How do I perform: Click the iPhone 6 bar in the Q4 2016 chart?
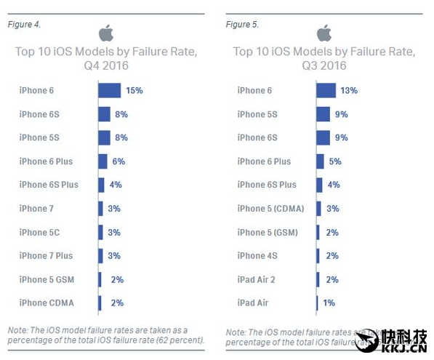coord(109,90)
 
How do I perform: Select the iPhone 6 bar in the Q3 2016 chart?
coord(326,90)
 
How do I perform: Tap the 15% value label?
coord(134,90)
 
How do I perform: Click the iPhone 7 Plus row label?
coord(46,255)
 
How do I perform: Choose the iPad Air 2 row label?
coord(257,279)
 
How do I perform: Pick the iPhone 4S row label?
coord(257,255)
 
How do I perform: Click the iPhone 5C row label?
coord(41,232)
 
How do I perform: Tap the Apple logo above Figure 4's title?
coord(106,33)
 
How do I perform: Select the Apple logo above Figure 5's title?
coord(324,33)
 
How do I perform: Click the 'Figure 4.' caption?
coord(24,24)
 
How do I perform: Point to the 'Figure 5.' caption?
coord(242,24)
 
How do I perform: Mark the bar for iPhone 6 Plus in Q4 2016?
coord(103,161)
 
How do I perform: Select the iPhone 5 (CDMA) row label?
coord(270,208)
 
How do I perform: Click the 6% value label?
coord(119,161)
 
